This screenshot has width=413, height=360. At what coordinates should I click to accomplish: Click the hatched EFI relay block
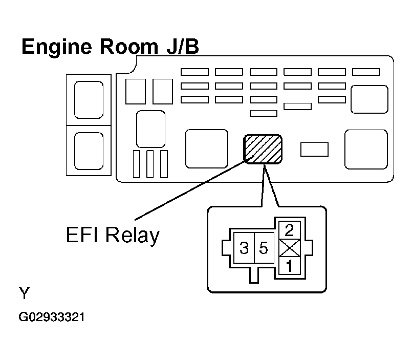tap(263, 149)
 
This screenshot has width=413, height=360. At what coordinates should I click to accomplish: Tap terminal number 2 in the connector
tap(290, 230)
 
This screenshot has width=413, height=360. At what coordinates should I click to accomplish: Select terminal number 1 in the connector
tap(290, 266)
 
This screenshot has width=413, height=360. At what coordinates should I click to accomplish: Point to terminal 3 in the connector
tap(244, 248)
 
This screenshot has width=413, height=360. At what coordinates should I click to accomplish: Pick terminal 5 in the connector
tap(264, 248)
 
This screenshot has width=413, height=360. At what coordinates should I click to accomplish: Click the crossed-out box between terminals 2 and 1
tap(290, 248)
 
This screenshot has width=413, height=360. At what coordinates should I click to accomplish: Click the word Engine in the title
tap(57, 47)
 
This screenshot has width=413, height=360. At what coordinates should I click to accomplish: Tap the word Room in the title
tap(129, 47)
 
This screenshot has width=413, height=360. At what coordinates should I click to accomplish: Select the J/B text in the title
tap(183, 47)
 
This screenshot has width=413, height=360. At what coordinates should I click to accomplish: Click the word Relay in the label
tap(133, 235)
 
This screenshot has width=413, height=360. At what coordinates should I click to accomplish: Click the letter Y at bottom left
tap(24, 293)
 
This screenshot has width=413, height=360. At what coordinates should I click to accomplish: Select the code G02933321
tap(52, 317)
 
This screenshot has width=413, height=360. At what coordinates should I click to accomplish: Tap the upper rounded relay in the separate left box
tap(89, 100)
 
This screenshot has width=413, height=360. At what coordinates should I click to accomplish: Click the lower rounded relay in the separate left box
tap(89, 151)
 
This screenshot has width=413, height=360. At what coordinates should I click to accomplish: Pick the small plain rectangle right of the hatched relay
tap(315, 150)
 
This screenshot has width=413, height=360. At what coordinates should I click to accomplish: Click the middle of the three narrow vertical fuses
tap(150, 164)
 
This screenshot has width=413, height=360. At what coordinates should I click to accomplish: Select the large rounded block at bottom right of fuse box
tap(366, 149)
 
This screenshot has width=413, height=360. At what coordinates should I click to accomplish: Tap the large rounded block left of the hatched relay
tap(207, 149)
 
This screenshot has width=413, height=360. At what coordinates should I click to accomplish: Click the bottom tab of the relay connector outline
tap(254, 276)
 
